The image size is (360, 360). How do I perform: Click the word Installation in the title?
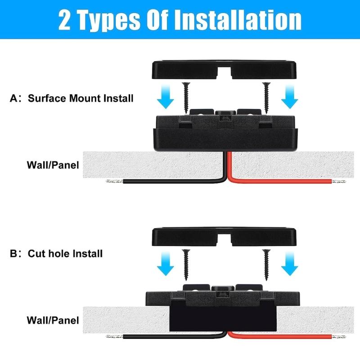(238, 20)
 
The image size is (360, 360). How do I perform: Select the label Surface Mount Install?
(81, 98)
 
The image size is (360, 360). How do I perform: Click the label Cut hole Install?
(66, 253)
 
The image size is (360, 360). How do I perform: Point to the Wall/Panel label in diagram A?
(53, 165)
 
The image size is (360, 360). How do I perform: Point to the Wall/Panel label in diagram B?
(53, 320)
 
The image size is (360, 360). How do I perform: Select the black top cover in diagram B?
(225, 236)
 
